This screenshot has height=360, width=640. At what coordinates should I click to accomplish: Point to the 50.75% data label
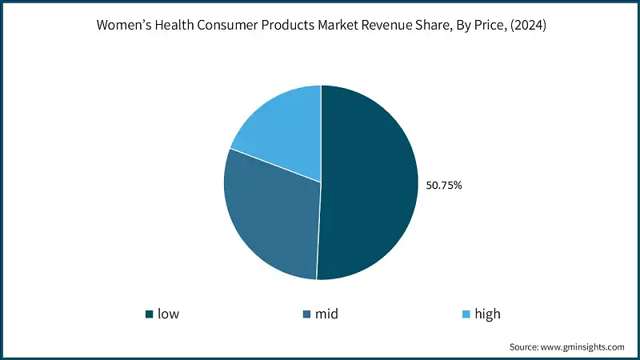[443, 186]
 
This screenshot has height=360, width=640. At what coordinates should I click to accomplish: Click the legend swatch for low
[149, 314]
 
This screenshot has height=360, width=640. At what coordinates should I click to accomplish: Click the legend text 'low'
[168, 314]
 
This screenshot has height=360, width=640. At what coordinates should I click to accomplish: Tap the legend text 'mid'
[326, 314]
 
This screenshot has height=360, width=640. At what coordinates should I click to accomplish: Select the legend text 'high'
[487, 314]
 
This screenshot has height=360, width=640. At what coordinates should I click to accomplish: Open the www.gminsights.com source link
[582, 347]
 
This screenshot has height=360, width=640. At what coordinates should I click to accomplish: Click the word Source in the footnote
[523, 347]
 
